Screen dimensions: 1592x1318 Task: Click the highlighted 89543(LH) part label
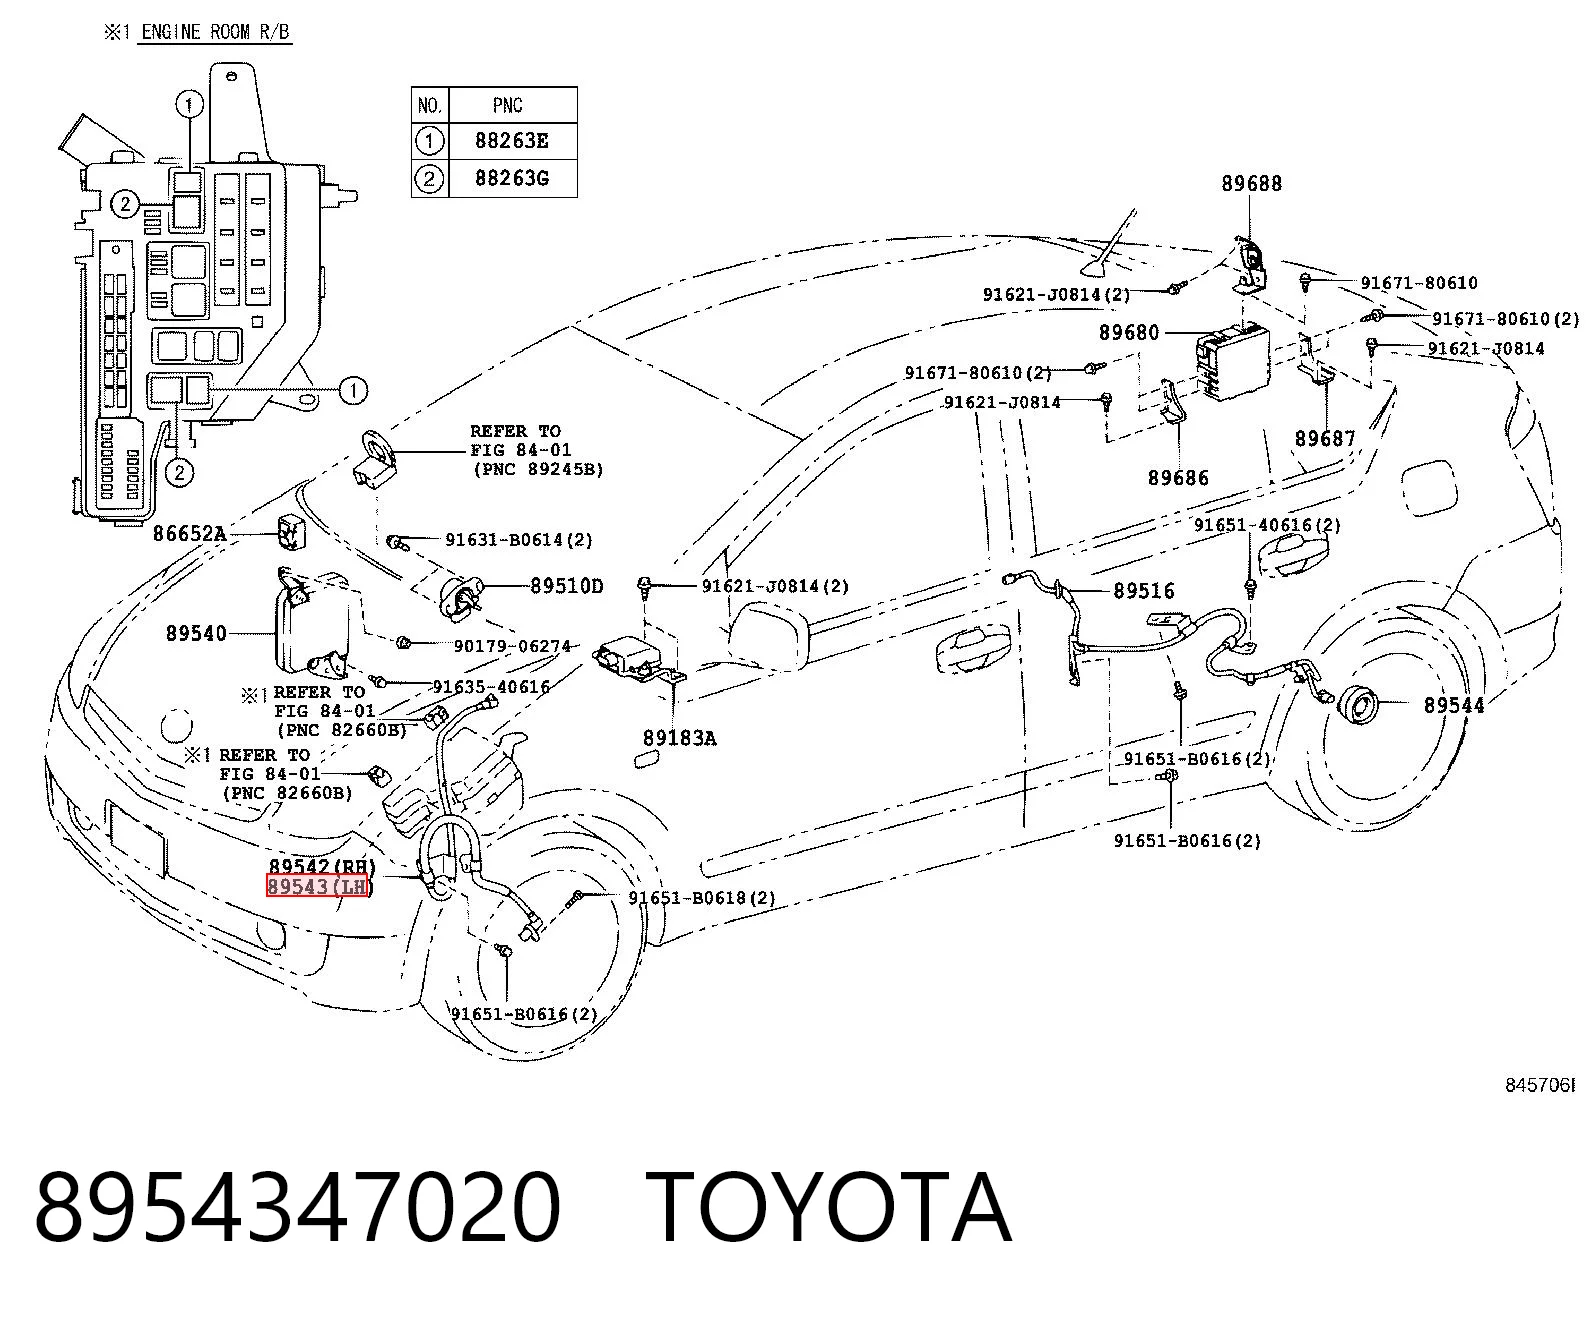[x=317, y=886]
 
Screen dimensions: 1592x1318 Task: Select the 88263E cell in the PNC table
[x=512, y=141]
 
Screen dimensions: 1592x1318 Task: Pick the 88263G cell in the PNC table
[x=512, y=178]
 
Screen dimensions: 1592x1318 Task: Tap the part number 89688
[x=1251, y=184]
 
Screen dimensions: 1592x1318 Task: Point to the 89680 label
[x=1129, y=333]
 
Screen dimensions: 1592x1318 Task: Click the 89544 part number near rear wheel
[x=1454, y=706]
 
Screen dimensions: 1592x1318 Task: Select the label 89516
[x=1144, y=591]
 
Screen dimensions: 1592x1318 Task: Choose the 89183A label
[x=679, y=738]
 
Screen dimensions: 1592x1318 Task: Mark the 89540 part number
[x=197, y=634]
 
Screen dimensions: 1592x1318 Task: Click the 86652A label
[x=190, y=533]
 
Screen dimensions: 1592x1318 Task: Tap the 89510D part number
[x=567, y=586]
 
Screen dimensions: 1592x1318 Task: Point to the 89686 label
[x=1178, y=478]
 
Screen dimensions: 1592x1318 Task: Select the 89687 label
[x=1325, y=439]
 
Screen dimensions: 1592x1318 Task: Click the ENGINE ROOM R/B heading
[x=216, y=32]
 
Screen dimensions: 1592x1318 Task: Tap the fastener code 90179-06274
[x=512, y=646]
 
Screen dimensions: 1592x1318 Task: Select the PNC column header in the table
[x=508, y=105]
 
